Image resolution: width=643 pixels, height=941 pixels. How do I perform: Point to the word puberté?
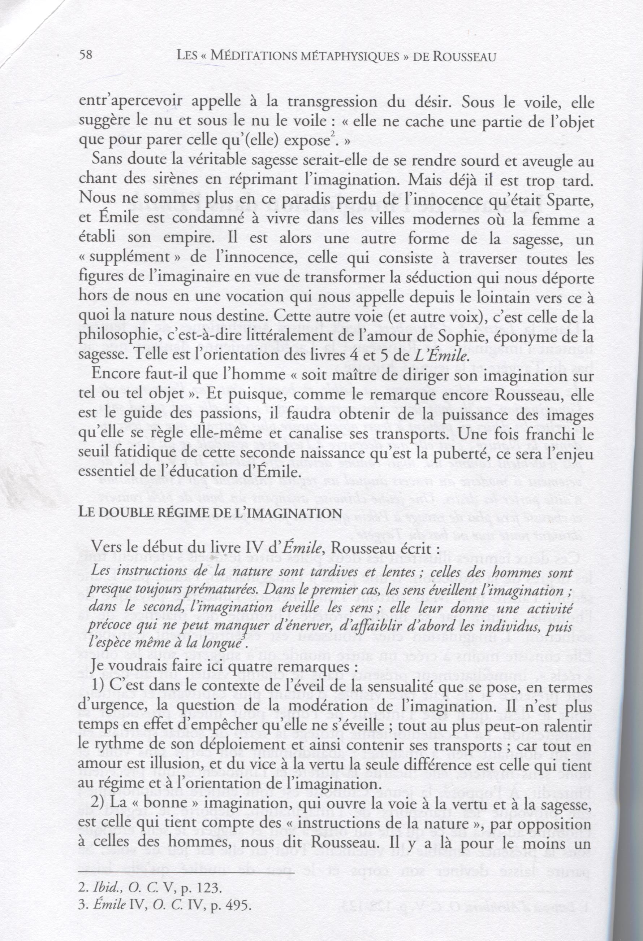(x=466, y=453)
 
